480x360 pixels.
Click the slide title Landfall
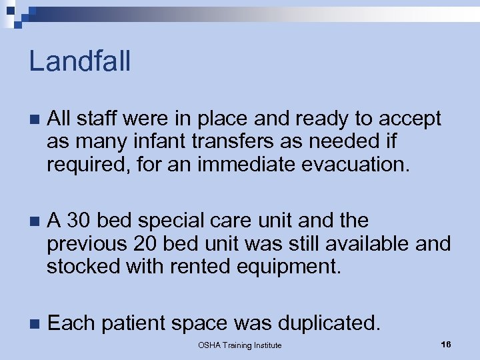(x=80, y=61)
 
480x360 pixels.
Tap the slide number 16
(x=446, y=344)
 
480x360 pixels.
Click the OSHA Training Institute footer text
(x=240, y=345)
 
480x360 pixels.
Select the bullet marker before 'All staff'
(x=35, y=120)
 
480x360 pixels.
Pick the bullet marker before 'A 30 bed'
(x=35, y=221)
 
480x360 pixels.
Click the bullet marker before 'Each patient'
(x=35, y=324)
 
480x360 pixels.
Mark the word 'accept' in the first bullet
(x=411, y=120)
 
